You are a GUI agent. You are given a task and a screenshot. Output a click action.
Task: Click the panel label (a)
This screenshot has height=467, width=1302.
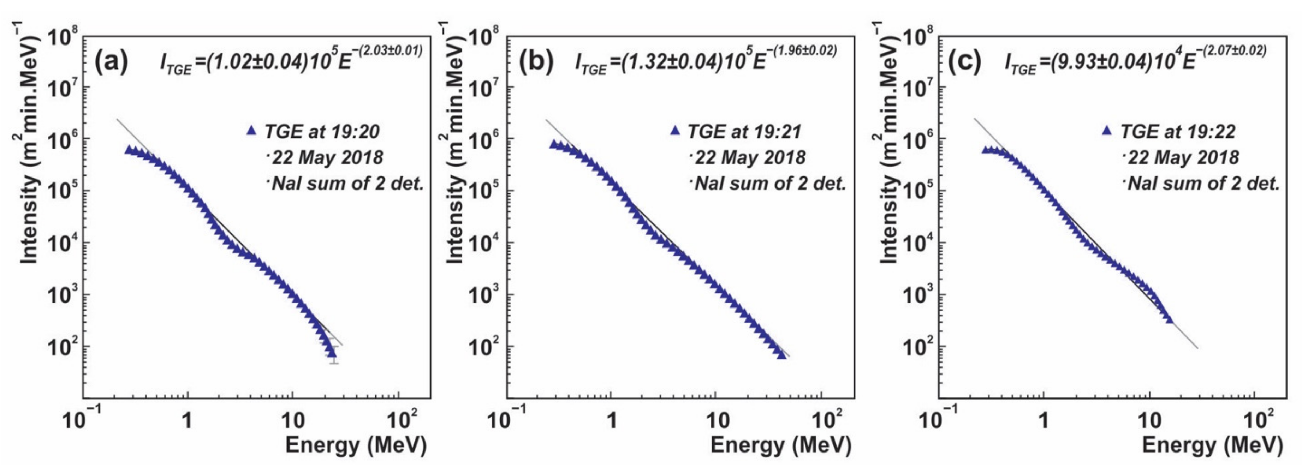pos(112,63)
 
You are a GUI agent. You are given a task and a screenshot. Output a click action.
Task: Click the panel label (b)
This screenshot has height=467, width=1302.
pos(536,63)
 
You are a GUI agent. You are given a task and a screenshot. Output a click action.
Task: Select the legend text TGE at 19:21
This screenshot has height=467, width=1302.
pos(744,132)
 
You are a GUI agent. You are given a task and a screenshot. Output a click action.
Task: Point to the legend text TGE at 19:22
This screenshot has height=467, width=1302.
pos(1178,132)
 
